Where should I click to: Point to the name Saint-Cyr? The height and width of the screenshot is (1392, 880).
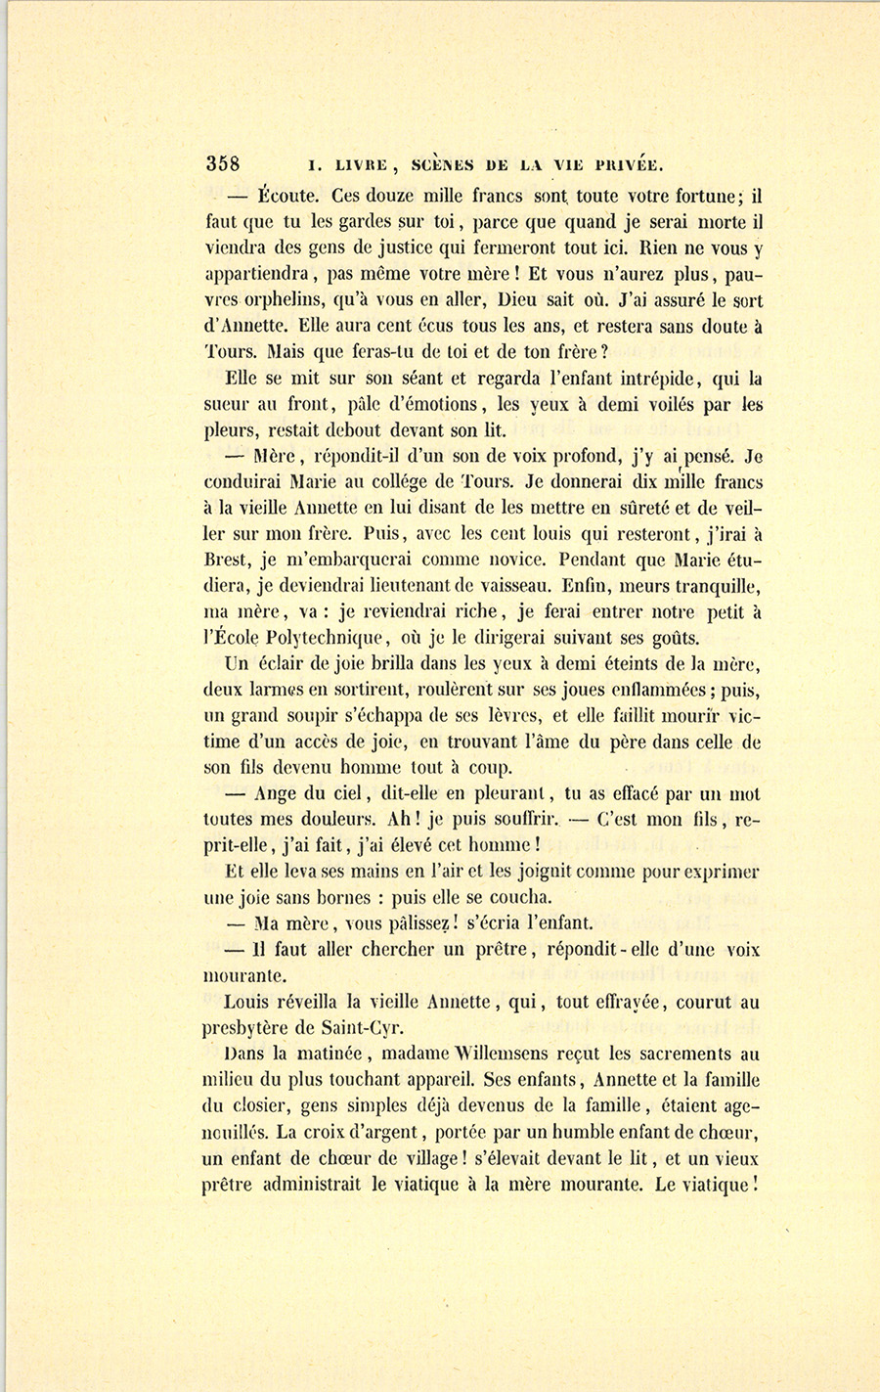point(371,1027)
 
